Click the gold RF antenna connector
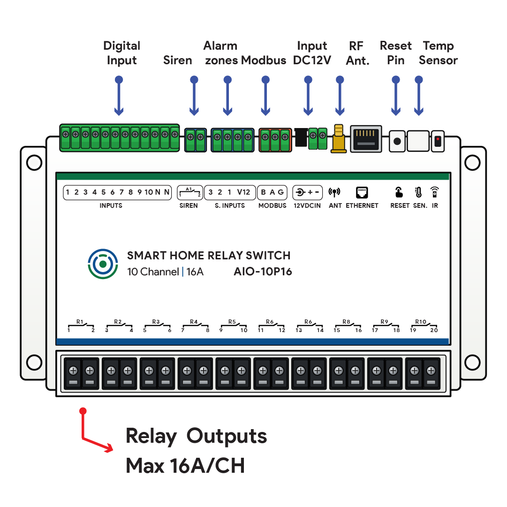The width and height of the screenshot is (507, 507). pos(339,138)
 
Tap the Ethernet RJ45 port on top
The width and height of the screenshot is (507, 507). pos(366,139)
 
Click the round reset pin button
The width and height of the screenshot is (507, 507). pos(397,141)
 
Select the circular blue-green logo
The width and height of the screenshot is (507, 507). pos(103,264)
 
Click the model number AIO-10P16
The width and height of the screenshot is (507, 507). pos(263,271)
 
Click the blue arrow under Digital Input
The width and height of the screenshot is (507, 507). pos(119,96)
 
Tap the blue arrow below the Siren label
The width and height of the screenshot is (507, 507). pos(194,96)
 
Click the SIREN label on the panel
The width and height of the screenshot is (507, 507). pos(189,205)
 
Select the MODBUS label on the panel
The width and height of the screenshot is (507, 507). pos(272,205)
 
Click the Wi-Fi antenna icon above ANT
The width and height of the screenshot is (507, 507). pos(334,192)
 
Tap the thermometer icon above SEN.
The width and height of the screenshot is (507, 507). pos(418,192)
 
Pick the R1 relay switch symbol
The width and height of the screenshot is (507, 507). pos(81,325)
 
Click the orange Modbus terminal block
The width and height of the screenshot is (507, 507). pos(275,140)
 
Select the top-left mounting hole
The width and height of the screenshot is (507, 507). pos(34,162)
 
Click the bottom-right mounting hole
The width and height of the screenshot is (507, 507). pos(472,363)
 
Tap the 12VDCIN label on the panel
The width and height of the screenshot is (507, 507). pos(307,205)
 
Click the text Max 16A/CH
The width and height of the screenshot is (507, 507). pos(185,466)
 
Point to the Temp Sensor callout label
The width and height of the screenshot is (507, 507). pos(438,53)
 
